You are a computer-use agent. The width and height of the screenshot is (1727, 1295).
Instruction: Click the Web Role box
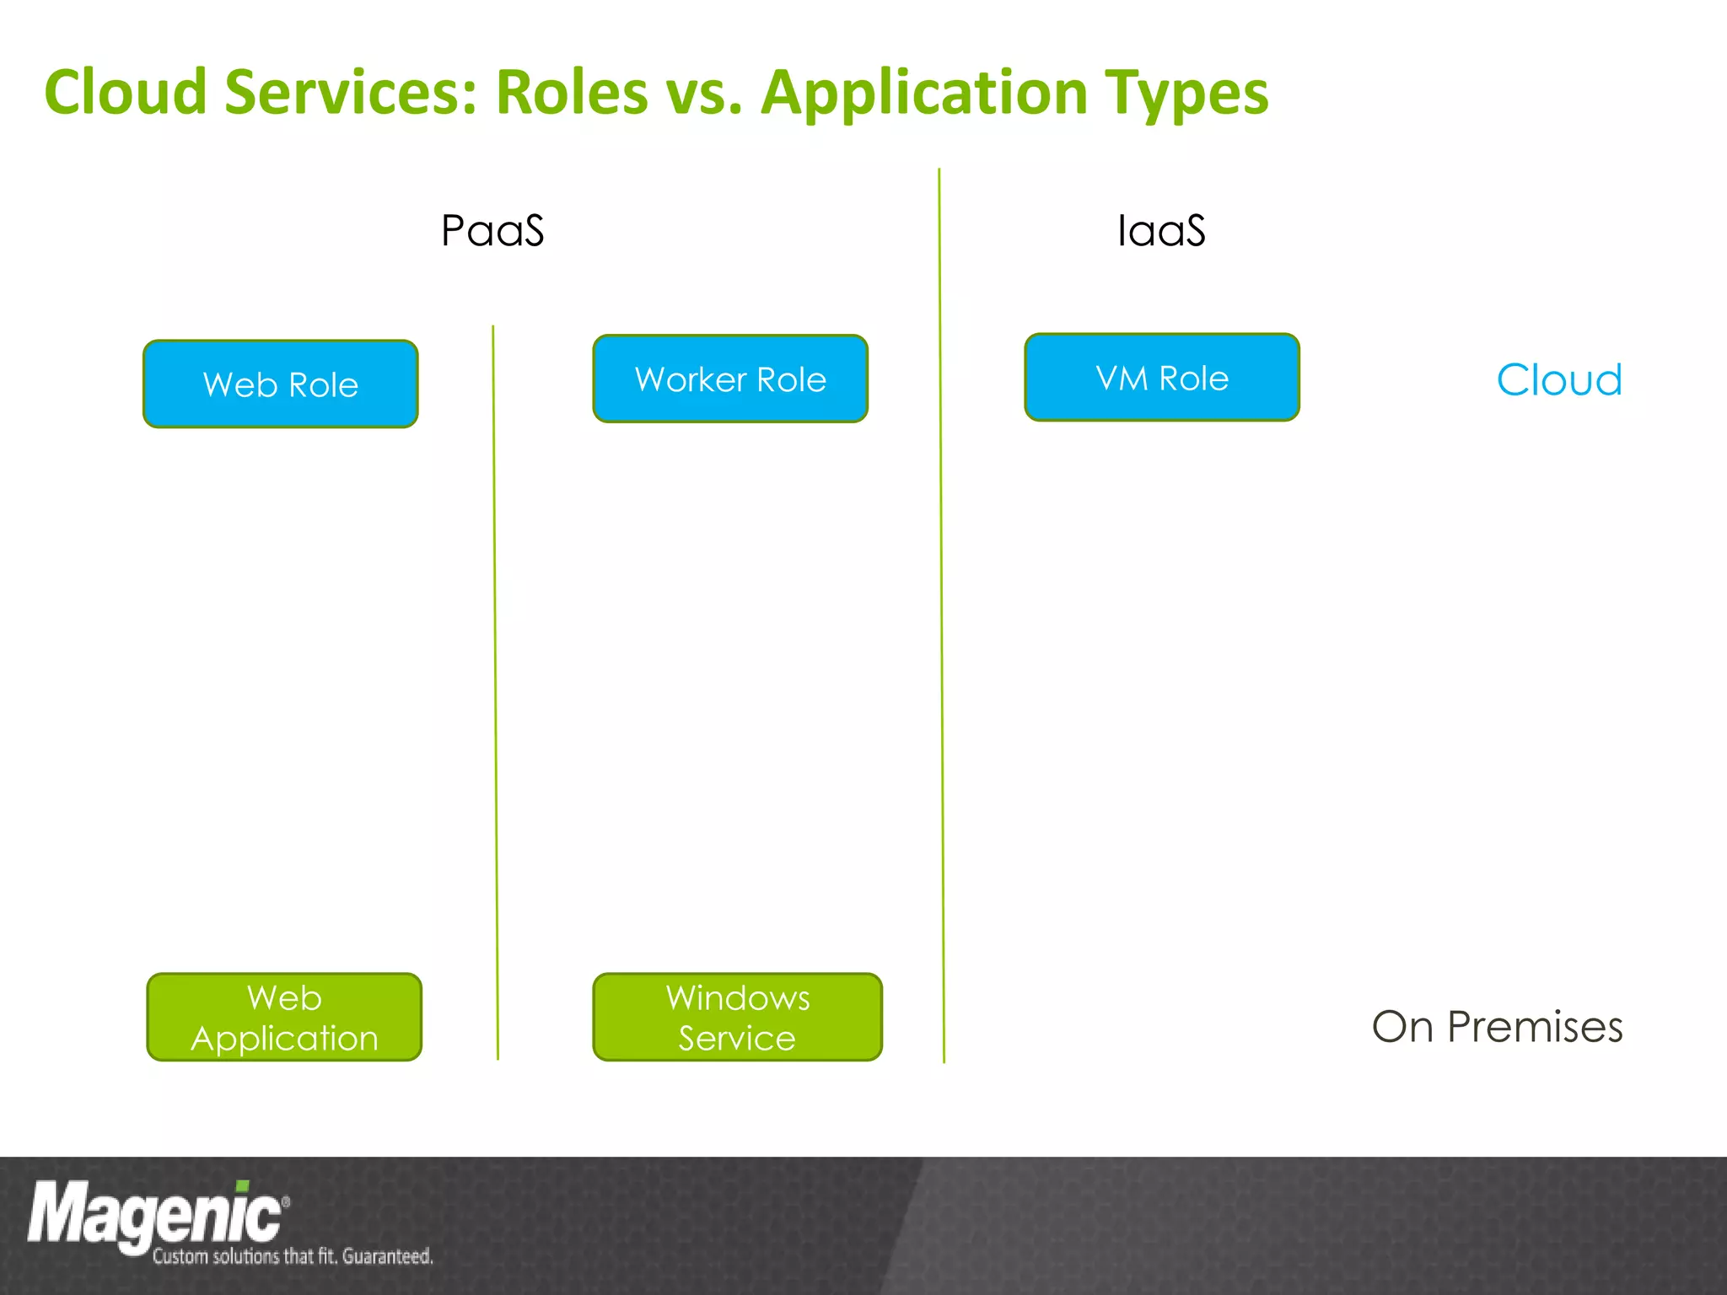click(281, 384)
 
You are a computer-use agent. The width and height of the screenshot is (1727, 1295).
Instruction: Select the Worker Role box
click(730, 379)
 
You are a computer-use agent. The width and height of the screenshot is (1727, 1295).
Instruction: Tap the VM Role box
click(1162, 378)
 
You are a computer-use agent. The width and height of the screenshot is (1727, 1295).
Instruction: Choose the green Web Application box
click(284, 1018)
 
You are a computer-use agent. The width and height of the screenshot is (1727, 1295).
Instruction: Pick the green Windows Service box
click(737, 1018)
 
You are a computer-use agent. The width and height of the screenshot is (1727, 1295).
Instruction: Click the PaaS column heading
click(492, 231)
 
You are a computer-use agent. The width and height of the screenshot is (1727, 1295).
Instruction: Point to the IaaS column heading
click(1161, 231)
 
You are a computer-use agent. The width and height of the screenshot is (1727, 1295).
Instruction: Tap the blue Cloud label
click(1559, 380)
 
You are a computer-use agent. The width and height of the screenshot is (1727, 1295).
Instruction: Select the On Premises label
click(1497, 1027)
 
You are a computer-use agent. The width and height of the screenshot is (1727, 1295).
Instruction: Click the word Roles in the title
click(572, 92)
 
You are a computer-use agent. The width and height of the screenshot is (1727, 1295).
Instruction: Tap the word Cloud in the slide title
click(126, 92)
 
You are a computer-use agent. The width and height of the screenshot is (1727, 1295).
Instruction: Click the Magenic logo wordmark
click(156, 1215)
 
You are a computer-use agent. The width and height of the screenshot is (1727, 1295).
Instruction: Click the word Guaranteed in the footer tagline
click(387, 1256)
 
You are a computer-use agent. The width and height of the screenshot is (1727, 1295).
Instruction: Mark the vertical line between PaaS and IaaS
click(941, 615)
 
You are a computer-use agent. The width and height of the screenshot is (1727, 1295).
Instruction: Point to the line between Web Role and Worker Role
click(495, 691)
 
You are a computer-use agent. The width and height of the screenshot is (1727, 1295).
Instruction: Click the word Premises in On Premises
click(1535, 1027)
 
